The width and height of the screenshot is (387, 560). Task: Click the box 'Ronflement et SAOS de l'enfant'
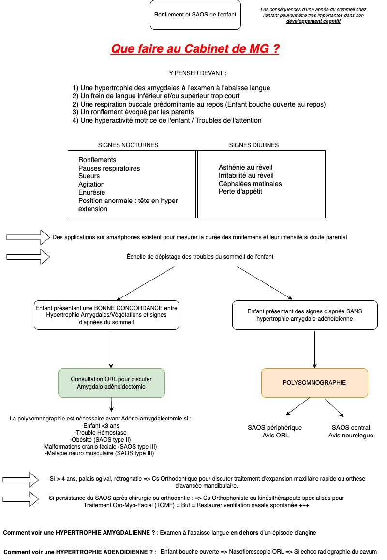(x=195, y=15)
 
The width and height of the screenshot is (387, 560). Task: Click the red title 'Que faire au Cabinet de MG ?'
(x=195, y=48)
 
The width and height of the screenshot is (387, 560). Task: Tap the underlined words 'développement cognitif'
(x=313, y=21)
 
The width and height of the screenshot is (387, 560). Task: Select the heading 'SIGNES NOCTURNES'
(x=128, y=145)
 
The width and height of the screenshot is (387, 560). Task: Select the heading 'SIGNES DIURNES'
(x=253, y=145)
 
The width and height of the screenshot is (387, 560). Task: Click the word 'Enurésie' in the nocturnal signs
(x=91, y=192)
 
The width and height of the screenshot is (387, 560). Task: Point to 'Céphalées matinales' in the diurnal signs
(x=250, y=184)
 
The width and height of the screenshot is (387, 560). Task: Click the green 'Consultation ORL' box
(x=111, y=383)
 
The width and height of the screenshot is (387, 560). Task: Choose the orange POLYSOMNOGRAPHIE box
(x=314, y=383)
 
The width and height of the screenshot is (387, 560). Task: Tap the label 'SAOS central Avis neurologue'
(x=351, y=432)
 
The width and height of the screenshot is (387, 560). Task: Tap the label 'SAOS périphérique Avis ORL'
(x=275, y=432)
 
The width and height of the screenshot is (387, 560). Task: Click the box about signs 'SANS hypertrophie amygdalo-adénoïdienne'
(x=305, y=315)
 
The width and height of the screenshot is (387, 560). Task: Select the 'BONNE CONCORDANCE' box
(x=106, y=315)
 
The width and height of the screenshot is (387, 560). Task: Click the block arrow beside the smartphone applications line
(x=28, y=237)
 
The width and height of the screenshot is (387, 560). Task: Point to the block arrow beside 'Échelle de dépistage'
(x=28, y=257)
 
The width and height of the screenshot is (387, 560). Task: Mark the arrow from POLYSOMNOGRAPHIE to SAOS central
(x=334, y=407)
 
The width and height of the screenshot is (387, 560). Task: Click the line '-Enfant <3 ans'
(x=100, y=426)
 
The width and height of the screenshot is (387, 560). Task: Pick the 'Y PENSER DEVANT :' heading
(x=197, y=73)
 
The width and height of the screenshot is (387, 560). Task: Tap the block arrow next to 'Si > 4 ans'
(x=20, y=480)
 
